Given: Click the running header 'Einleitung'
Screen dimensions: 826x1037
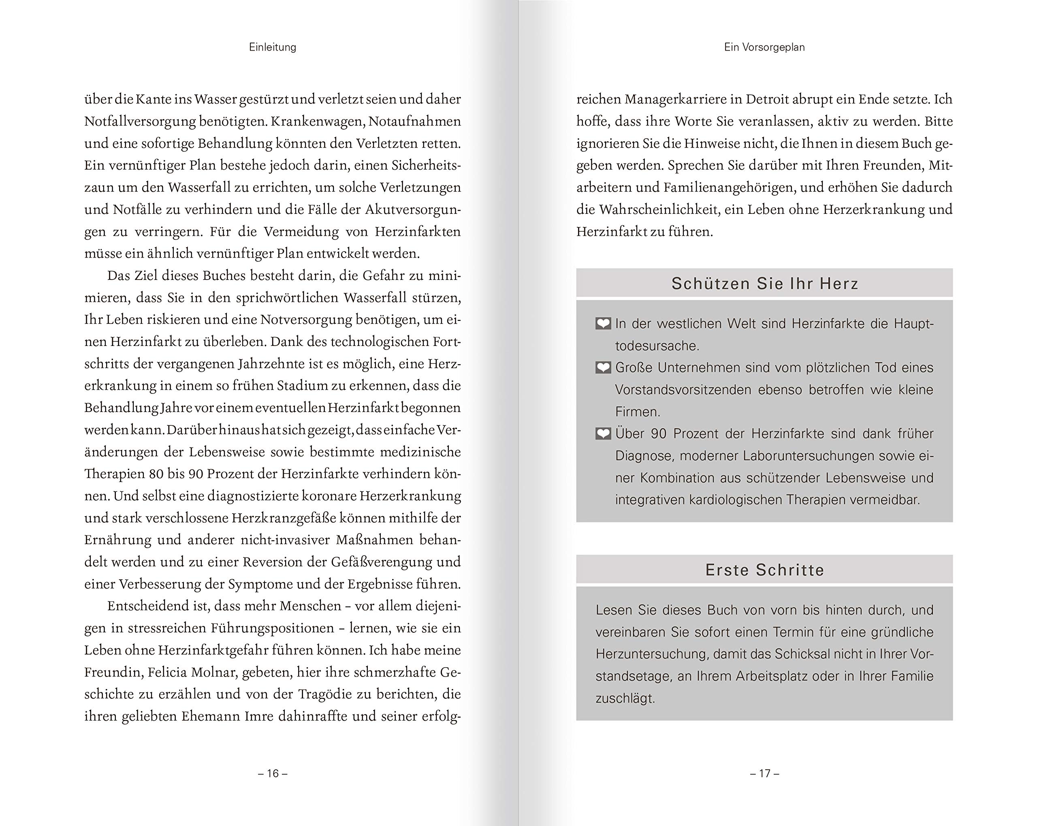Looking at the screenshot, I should point(272,47).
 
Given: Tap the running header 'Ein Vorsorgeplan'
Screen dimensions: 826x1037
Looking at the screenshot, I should point(764,47).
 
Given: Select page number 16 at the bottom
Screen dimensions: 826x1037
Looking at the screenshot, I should point(273,773).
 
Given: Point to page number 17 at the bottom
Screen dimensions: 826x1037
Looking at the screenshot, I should point(764,773).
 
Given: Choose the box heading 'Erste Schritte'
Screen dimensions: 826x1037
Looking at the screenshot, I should point(764,570).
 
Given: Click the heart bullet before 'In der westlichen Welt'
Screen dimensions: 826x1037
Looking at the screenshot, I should point(603,324).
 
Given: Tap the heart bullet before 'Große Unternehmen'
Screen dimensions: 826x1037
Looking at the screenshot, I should point(603,368).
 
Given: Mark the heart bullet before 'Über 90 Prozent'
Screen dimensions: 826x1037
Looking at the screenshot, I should point(603,434).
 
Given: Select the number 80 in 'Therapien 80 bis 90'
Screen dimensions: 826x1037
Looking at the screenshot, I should point(156,474).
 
